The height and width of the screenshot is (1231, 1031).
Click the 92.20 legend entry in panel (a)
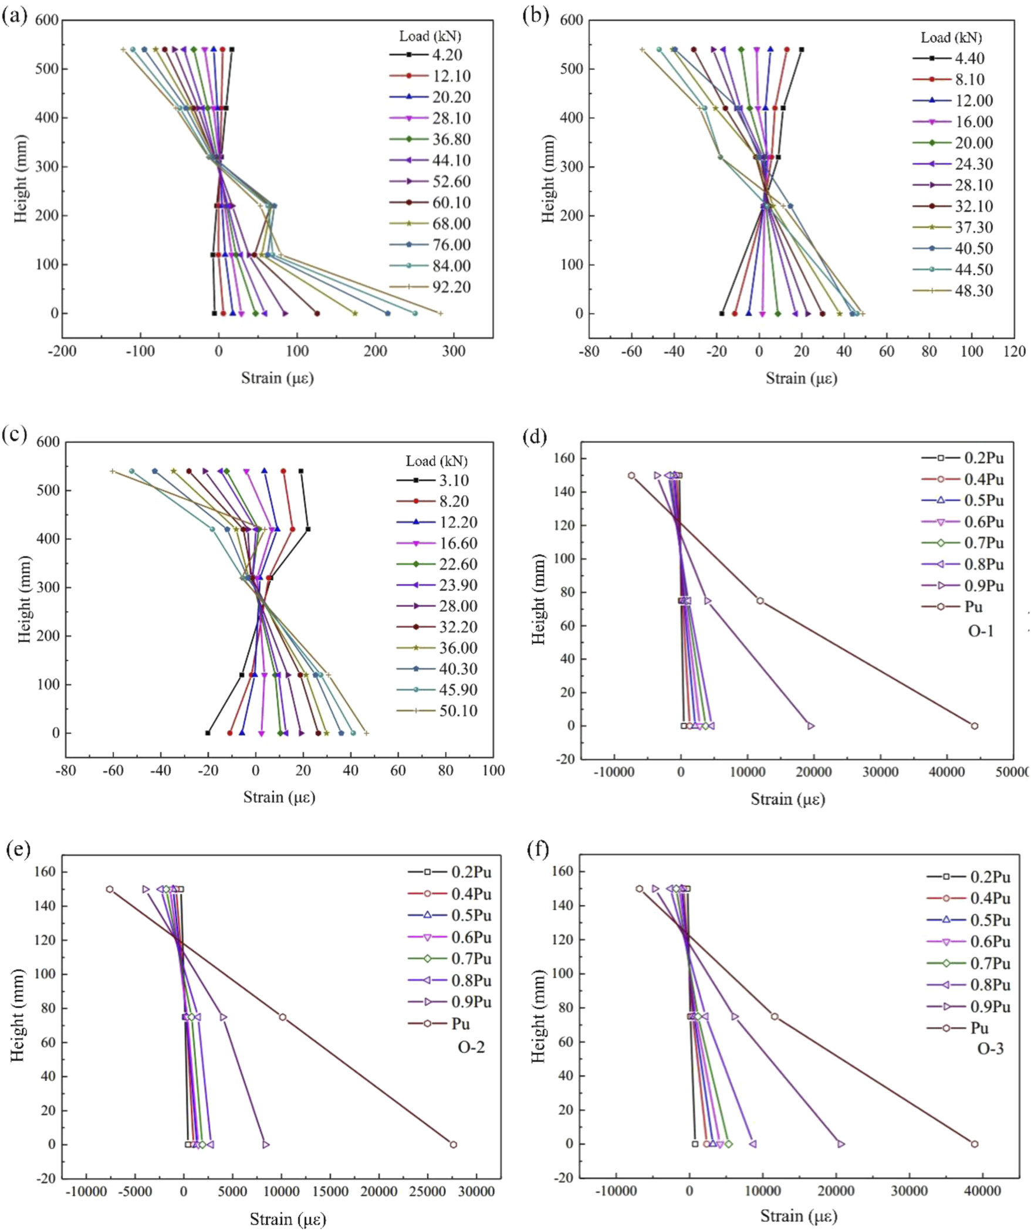451,287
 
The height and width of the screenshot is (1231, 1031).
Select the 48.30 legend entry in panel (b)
973,290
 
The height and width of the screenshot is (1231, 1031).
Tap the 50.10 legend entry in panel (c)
458,711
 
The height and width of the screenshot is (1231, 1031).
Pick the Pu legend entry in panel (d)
973,607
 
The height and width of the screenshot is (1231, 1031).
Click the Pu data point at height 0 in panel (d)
974,726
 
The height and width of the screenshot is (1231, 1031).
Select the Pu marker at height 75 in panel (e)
282,1017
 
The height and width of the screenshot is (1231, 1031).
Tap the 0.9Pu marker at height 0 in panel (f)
840,1144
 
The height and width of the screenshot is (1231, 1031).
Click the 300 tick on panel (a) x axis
454,352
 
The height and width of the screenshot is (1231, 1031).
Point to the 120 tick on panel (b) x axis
1015,352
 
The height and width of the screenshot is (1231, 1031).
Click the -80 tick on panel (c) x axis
66,771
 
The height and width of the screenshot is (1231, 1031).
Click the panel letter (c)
14,436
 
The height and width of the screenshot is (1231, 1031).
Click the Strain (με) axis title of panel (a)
278,378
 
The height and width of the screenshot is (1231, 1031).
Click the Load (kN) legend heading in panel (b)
951,38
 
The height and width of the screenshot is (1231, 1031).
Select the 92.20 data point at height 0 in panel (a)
440,314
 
